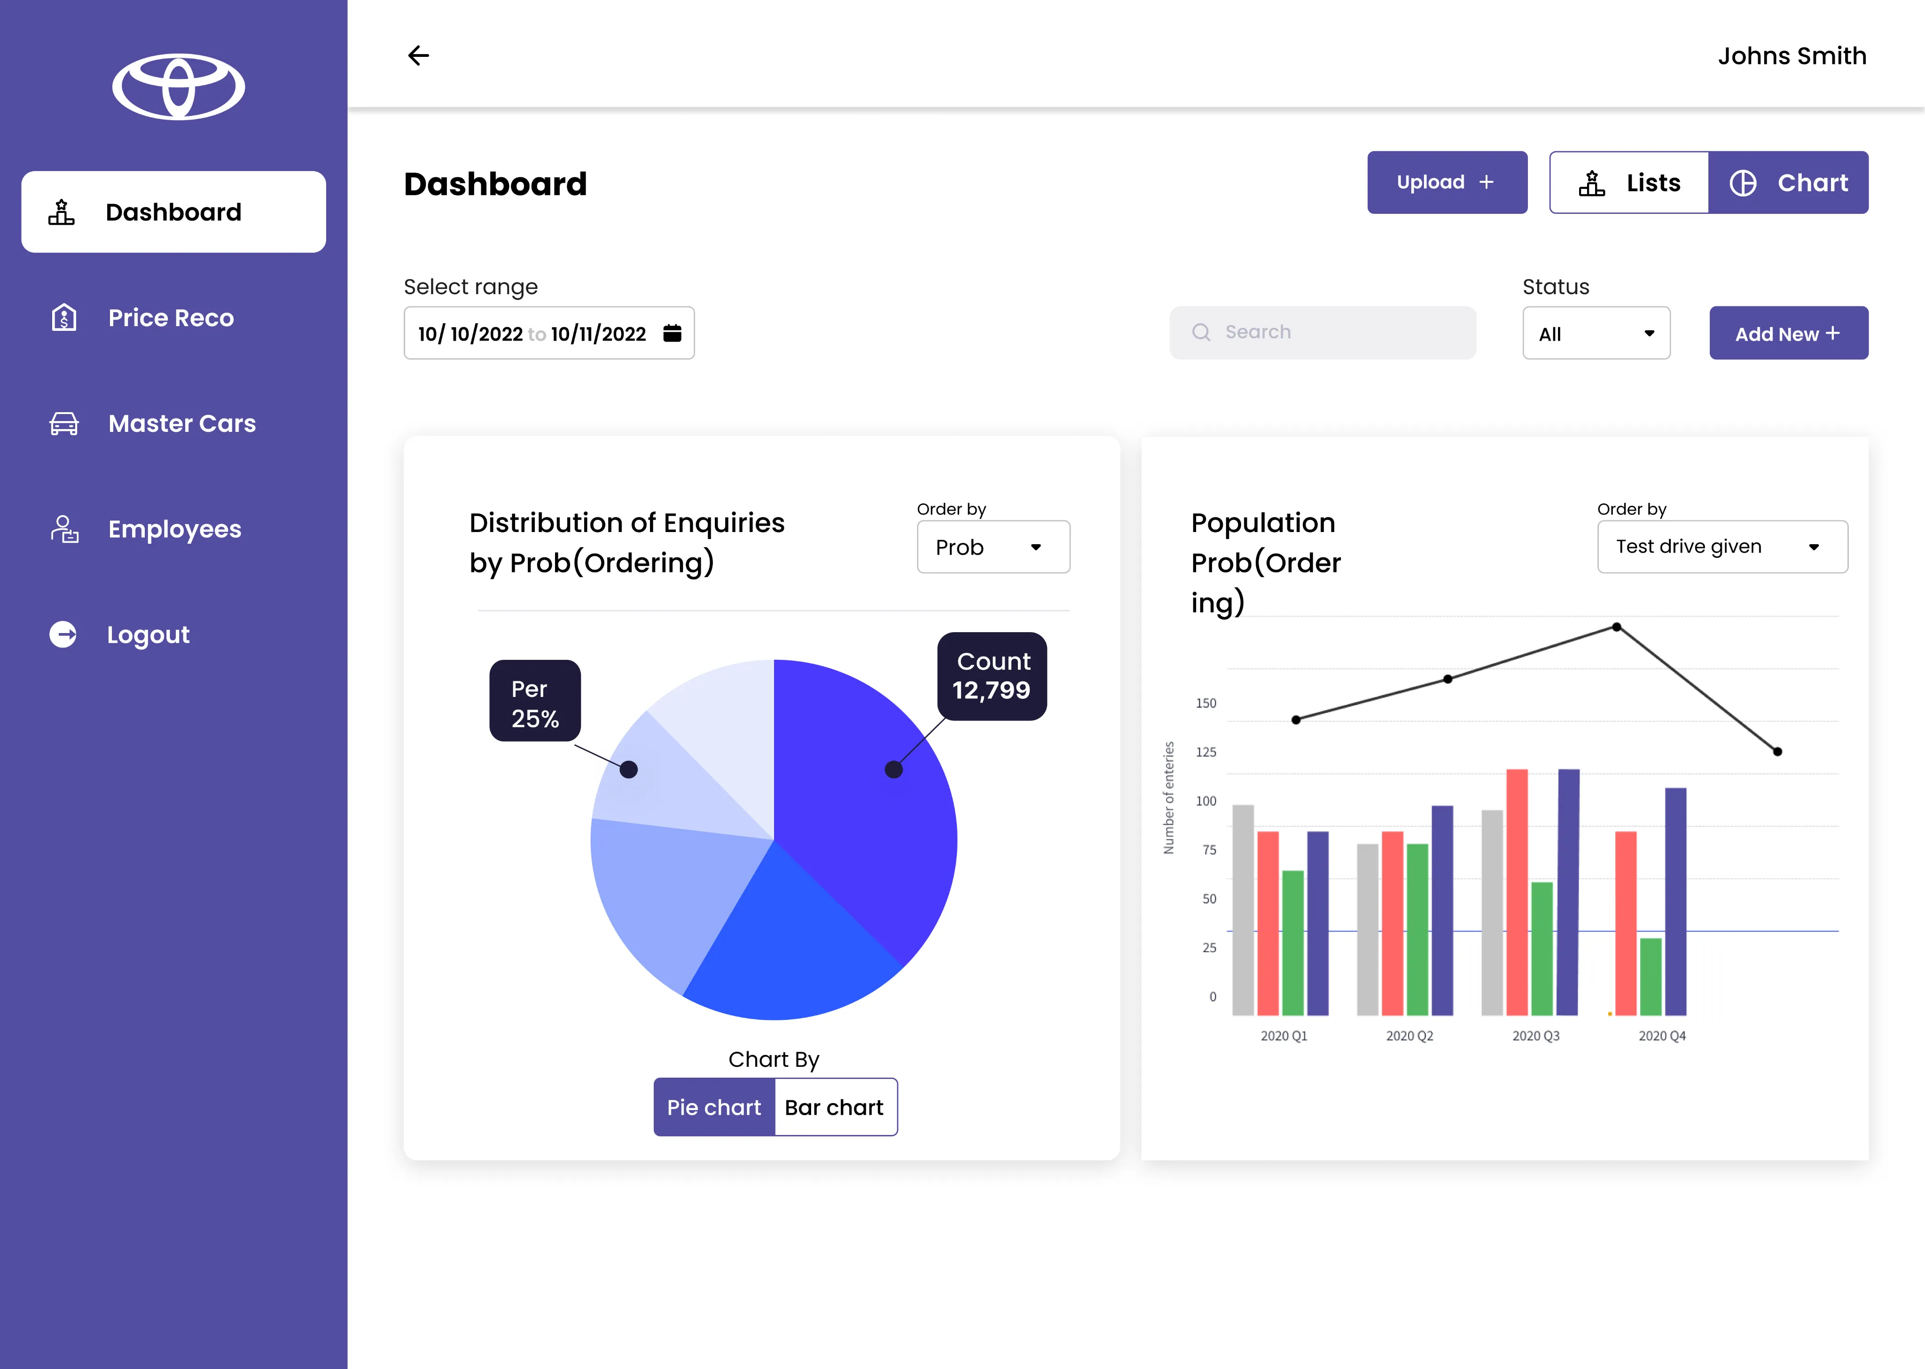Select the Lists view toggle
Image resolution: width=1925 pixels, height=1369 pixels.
[1628, 182]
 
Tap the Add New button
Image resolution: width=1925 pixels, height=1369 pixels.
[1788, 333]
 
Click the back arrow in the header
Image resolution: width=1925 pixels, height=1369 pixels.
[418, 55]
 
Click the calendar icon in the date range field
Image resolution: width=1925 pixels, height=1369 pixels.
[672, 333]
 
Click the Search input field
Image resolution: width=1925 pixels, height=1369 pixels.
[1322, 332]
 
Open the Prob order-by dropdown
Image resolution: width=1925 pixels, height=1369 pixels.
[993, 547]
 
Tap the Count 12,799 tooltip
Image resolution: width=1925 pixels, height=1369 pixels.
[992, 676]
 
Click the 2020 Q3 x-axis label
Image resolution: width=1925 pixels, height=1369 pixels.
[1535, 1036]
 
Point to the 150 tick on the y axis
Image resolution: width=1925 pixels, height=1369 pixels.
[1206, 703]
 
